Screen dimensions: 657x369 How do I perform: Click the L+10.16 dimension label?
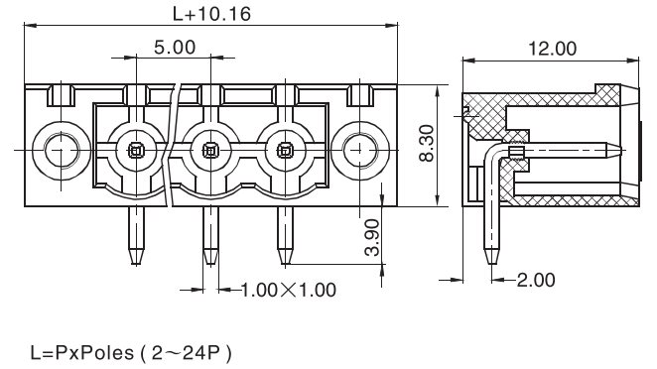pos(211,14)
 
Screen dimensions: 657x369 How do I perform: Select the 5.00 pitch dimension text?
pos(175,47)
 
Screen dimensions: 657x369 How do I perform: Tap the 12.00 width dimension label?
pos(552,49)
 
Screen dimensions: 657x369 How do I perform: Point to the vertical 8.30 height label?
pos(427,143)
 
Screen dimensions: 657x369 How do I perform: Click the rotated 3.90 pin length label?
pos(372,237)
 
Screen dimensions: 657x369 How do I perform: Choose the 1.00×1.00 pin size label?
pos(289,290)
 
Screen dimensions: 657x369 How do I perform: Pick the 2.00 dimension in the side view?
pos(536,280)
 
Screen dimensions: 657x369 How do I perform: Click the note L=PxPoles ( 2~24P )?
pos(131,353)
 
